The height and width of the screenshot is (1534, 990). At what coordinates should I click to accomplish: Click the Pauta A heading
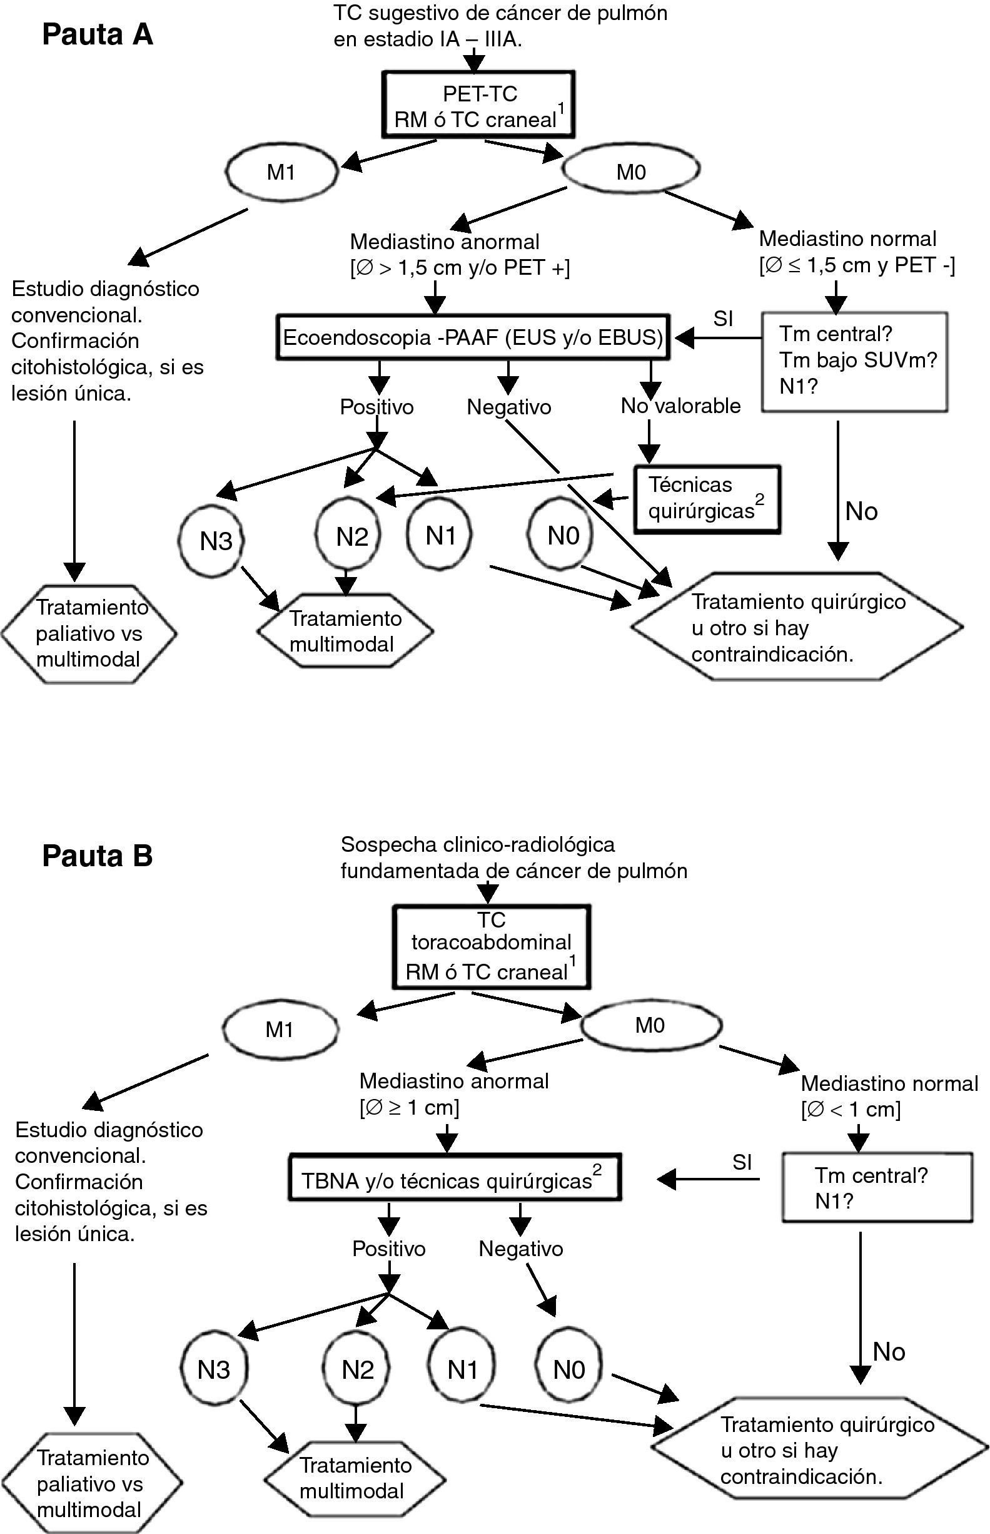(98, 34)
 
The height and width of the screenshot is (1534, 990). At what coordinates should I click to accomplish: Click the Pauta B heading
(98, 856)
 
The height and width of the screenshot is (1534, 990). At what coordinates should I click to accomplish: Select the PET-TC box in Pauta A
(478, 105)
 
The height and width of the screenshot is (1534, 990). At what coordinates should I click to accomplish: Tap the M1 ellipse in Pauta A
(281, 172)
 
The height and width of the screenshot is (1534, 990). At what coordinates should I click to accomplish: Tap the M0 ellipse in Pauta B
(650, 1025)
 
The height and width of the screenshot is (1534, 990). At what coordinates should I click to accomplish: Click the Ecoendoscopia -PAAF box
(473, 338)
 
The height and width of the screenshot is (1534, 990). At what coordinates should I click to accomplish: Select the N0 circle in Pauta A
(562, 535)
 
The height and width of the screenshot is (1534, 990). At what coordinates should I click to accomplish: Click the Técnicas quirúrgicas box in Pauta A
(707, 499)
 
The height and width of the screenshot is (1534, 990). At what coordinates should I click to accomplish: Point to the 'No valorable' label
(680, 406)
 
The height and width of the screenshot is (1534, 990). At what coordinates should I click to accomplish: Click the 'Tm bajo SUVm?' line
(857, 360)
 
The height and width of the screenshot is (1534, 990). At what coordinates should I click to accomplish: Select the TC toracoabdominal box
(491, 947)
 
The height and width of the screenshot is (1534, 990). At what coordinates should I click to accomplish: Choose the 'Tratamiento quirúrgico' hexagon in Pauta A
(797, 627)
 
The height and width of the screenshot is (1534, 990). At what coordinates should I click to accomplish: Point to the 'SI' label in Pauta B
(742, 1162)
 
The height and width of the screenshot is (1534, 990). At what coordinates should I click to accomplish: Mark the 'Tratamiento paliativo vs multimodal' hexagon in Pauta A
(89, 633)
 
